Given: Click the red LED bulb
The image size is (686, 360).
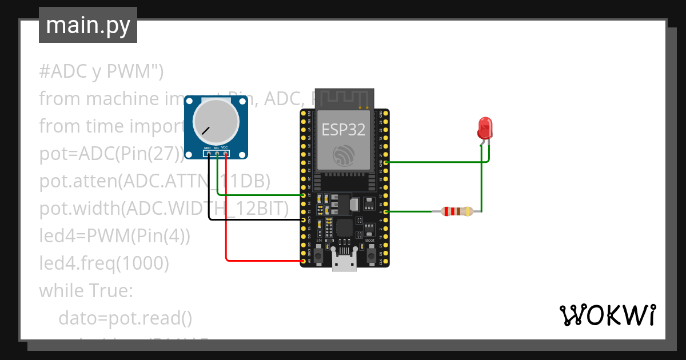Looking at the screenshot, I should tap(484, 128).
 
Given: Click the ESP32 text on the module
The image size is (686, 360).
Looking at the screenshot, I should tap(343, 130).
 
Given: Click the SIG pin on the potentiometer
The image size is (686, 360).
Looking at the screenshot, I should tap(217, 154).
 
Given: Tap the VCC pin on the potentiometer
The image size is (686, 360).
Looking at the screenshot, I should tap(226, 154).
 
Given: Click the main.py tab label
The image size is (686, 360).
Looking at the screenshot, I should tap(87, 25).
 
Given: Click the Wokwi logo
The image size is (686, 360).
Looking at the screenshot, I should tap(607, 315).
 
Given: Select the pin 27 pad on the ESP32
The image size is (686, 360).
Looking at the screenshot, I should tap(303, 195).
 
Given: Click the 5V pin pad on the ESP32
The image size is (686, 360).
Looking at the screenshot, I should tap(303, 261).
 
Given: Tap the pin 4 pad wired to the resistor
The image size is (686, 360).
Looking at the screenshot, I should tap(386, 211).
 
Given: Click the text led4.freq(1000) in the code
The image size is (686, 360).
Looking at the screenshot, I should tap(104, 263).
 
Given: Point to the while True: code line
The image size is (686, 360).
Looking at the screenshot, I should tap(86, 290).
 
